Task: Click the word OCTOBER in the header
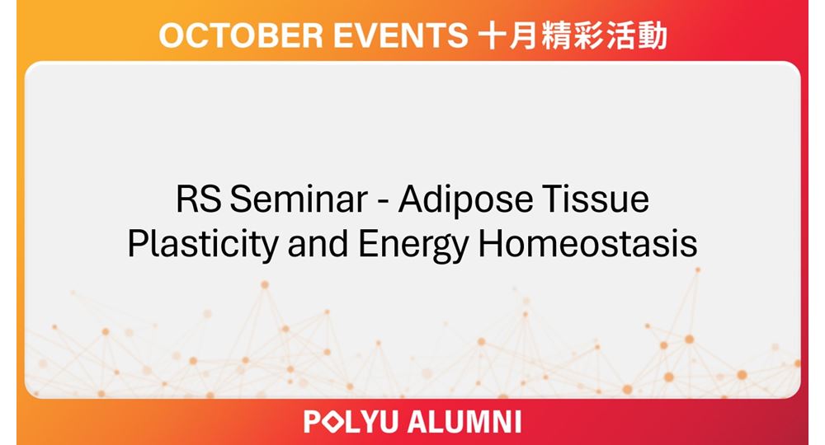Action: [241, 35]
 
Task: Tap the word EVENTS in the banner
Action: [400, 35]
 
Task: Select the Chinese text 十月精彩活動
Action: [573, 35]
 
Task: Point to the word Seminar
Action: [299, 199]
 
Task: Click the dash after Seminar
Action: [383, 202]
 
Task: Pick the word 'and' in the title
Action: [318, 243]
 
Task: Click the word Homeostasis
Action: [587, 243]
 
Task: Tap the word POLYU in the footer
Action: [351, 422]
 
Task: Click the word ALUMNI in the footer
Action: [464, 422]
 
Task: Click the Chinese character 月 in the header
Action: [524, 35]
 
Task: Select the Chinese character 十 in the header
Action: [493, 35]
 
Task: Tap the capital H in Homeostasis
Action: [488, 244]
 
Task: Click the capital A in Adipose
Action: [410, 199]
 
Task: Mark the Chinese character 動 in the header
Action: [653, 35]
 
